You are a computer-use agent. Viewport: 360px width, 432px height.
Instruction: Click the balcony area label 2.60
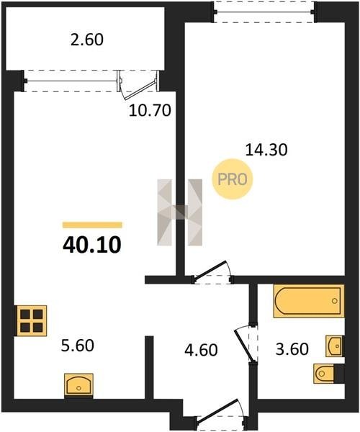[x=87, y=40]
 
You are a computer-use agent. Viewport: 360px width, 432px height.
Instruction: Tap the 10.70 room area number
[x=150, y=111]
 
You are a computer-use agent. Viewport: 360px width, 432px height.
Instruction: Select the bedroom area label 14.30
[x=266, y=150]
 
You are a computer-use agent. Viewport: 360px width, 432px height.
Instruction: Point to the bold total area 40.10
[x=92, y=246]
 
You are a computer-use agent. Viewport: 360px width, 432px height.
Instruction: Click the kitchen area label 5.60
[x=78, y=346]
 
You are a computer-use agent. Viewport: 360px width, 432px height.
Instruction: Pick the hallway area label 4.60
[x=201, y=350]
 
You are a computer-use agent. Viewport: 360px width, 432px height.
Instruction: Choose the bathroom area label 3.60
[x=292, y=349]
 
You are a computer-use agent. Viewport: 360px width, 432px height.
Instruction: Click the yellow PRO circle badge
[x=232, y=179]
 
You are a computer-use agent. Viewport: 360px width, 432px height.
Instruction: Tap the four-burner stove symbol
[x=32, y=320]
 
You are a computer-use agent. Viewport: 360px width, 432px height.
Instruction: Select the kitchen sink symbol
[x=78, y=385]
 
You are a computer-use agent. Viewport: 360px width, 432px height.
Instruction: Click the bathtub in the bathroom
[x=309, y=301]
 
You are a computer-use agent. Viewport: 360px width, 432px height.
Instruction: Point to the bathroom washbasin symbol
[x=334, y=346]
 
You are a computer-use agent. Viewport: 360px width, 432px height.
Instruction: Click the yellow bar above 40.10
[x=92, y=225]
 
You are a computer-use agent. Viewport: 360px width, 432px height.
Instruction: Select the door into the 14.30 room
[x=212, y=272]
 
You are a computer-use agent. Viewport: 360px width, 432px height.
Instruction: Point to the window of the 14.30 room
[x=265, y=12]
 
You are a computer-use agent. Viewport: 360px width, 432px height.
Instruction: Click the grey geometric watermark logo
[x=179, y=212]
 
